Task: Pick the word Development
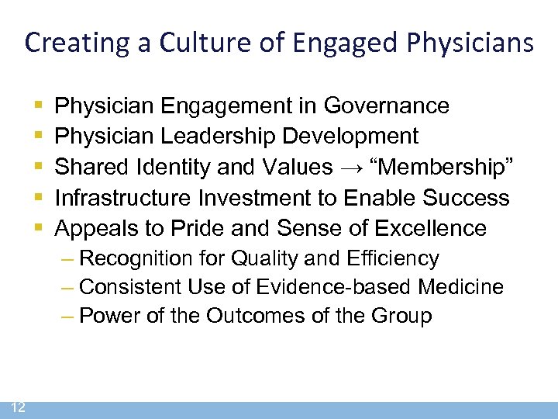click(350, 136)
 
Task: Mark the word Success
click(467, 197)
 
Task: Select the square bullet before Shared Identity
click(39, 168)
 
